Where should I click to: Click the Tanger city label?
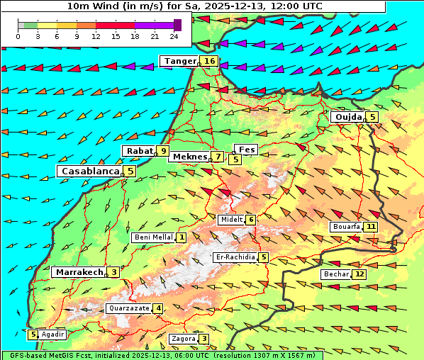pos(179,62)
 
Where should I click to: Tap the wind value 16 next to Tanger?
pos(210,62)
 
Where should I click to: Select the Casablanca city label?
pos(89,171)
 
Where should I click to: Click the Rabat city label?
pos(139,151)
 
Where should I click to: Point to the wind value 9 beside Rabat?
pos(164,151)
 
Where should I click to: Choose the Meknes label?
pos(189,157)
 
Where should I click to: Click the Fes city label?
pos(247,150)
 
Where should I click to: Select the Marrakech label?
pos(78,272)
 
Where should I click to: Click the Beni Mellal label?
pos(152,237)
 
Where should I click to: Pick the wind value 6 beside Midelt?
pos(251,220)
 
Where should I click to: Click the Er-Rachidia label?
pos(235,257)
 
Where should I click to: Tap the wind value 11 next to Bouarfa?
pos(371,227)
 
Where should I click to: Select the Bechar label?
pos(336,274)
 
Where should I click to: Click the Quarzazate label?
pos(128,308)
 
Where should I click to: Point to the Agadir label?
pos(53,334)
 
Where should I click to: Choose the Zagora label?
pos(183,339)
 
